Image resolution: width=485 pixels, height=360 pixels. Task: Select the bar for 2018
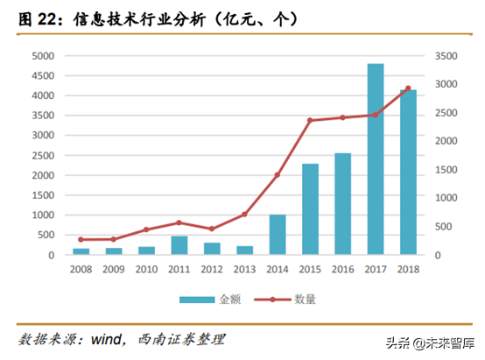[407, 173]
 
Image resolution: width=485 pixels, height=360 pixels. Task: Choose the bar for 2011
[179, 245]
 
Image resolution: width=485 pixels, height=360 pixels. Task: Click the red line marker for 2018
[408, 88]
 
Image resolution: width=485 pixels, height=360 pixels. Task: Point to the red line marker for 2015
[310, 120]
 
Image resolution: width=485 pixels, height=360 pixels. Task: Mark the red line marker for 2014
[278, 175]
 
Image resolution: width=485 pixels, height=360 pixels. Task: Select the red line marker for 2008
[81, 239]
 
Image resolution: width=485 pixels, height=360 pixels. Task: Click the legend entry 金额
[203, 300]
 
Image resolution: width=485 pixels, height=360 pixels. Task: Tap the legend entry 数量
[289, 300]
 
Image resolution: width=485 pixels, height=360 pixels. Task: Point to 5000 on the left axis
[43, 55]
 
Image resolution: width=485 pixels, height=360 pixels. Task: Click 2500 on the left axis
[43, 155]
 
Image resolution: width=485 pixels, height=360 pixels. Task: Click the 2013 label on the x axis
[244, 270]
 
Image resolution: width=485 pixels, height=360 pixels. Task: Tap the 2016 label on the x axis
[342, 270]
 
